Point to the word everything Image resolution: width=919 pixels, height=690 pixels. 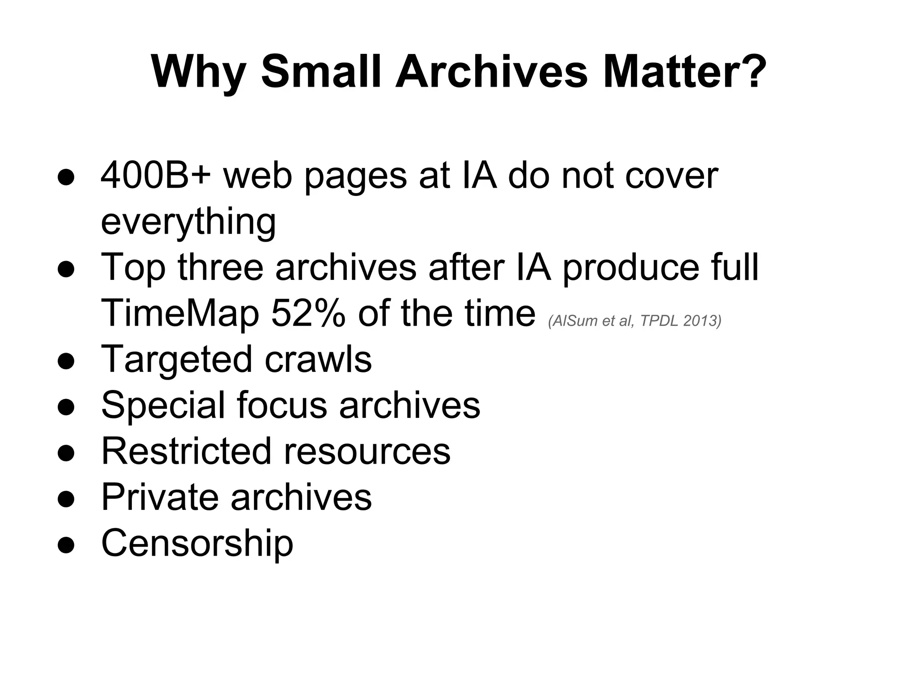188,222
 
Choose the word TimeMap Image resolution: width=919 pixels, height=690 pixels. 180,314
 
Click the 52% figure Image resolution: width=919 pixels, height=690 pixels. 308,314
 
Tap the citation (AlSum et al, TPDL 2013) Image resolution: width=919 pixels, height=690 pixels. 635,321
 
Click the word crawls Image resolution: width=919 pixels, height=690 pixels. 318,360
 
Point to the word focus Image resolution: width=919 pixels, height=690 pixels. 282,406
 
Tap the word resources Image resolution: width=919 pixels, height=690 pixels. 367,451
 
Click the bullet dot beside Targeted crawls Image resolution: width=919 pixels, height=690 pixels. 66,362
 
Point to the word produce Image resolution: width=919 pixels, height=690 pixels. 630,268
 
